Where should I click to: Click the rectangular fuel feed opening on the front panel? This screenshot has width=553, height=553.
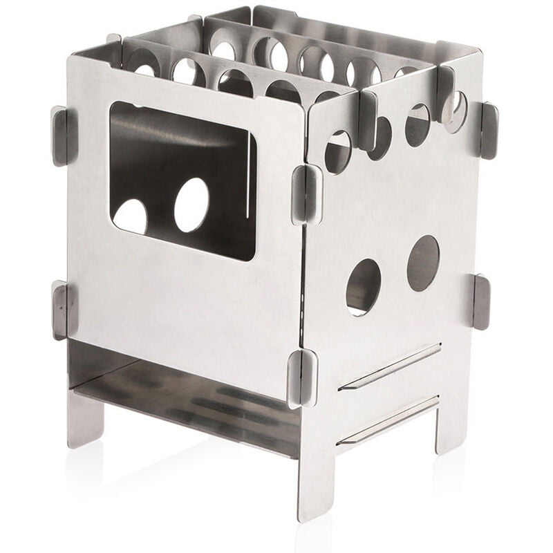183,180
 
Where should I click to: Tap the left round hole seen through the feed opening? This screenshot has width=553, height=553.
130,216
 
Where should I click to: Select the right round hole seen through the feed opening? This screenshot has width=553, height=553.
191,205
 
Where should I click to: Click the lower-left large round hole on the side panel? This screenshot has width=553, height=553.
363,287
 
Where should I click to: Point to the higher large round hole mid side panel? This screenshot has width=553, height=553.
422,263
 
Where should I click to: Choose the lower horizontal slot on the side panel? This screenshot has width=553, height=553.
388,420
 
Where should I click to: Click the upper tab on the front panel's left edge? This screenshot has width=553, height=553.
60,135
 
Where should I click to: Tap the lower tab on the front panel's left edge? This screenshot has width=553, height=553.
61,310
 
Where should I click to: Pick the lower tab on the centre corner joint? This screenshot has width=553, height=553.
303,377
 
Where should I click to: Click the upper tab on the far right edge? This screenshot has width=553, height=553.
489,131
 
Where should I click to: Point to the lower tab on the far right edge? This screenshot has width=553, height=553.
481,301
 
